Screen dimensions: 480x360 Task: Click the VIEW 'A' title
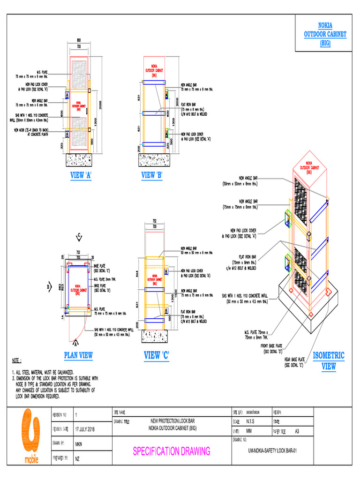[x=80, y=175]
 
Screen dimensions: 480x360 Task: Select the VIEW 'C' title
[x=157, y=356]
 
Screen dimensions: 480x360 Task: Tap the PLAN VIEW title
[x=78, y=356]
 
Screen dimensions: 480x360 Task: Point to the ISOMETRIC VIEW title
[x=328, y=360]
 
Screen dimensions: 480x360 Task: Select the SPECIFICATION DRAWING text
[x=171, y=451]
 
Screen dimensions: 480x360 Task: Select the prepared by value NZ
[x=77, y=458]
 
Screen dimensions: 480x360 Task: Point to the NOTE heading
[x=17, y=361]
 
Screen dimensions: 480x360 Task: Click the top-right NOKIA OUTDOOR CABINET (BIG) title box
[x=325, y=33]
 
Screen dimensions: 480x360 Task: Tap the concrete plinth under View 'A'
[x=85, y=159]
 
